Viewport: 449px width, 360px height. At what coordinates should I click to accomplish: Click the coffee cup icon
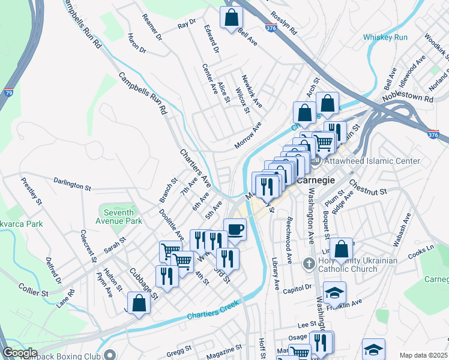[235, 229]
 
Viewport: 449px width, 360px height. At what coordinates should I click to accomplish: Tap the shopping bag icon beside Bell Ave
[231, 17]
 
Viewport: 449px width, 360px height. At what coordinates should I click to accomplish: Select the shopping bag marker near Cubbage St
[139, 303]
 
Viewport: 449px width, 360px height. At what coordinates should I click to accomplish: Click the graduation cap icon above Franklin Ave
[334, 293]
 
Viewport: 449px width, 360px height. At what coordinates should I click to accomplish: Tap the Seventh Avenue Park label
[122, 216]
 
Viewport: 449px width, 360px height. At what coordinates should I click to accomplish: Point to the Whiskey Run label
[385, 37]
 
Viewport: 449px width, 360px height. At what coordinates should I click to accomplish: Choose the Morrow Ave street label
[249, 136]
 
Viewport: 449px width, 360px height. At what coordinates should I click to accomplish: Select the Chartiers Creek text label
[212, 310]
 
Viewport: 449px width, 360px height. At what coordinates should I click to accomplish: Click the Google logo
[20, 353]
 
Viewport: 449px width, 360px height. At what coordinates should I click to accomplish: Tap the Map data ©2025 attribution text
[423, 355]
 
